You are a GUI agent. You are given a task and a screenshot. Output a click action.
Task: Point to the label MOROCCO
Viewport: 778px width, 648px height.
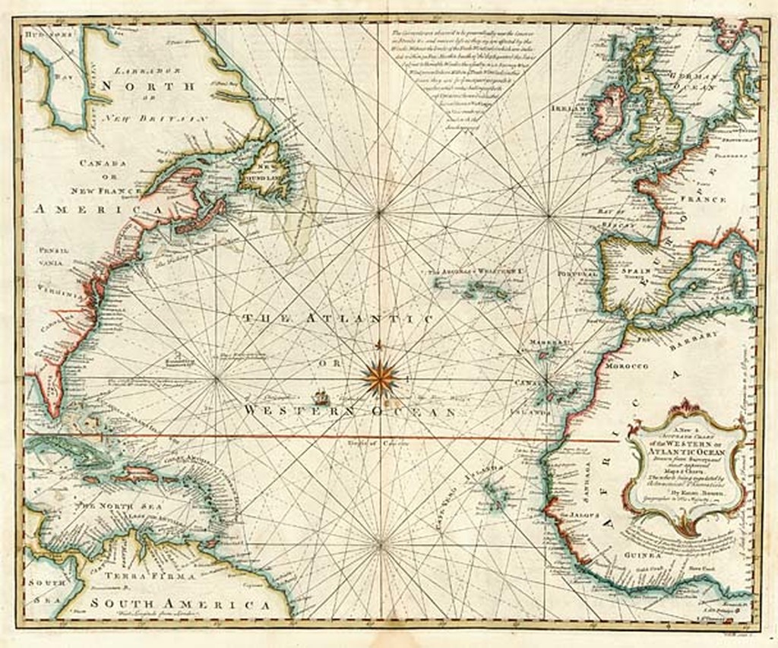pos(627,366)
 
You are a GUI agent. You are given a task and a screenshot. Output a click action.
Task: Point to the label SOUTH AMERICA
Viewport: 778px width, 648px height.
pos(179,605)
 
